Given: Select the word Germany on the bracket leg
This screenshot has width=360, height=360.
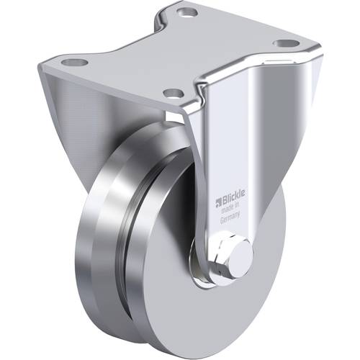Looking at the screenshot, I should click(x=231, y=213).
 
